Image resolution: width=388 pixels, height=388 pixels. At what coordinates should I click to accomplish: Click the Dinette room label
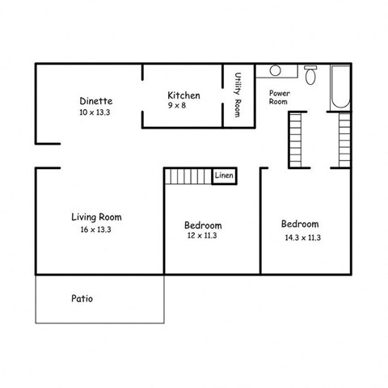pos(95,101)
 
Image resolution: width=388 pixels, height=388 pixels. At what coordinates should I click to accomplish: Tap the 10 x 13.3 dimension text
pos(95,113)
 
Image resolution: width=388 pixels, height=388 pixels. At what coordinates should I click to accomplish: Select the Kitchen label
pos(183,95)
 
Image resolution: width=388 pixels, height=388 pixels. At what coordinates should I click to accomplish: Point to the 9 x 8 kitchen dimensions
pos(183,106)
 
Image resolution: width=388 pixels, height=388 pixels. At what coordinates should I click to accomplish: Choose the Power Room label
pos(279,98)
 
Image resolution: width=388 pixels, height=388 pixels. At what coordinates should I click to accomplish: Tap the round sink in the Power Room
pos(275,70)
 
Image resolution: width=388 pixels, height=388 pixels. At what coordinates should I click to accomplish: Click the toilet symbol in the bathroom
pos(312,75)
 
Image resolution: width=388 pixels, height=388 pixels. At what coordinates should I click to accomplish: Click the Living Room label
pos(96,217)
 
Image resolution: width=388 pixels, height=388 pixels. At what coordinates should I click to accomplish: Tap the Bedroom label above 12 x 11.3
pos(203,225)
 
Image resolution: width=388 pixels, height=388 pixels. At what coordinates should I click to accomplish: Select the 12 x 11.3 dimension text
pos(201,236)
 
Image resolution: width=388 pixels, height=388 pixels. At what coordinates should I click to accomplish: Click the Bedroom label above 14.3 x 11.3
pos(300,224)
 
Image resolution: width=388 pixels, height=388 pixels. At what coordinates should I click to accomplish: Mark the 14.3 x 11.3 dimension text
pos(303,238)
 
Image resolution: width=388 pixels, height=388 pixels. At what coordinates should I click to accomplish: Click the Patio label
pos(81,298)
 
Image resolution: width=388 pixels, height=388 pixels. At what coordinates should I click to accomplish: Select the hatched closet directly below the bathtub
pos(344,140)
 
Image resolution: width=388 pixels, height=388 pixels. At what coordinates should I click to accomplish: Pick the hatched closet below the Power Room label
pos(295,140)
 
